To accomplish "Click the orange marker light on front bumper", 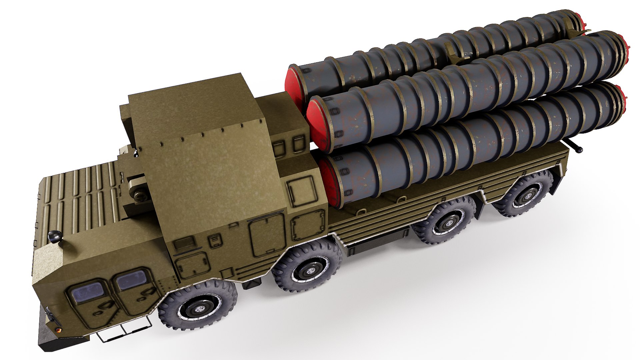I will coord(59,330).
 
